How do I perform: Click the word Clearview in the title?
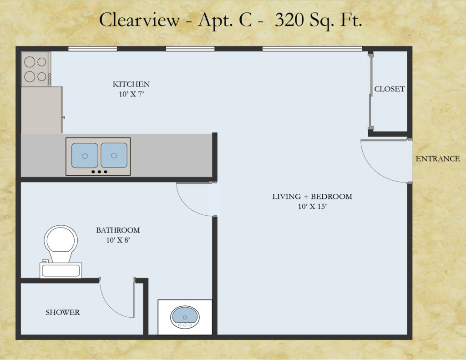[139, 20]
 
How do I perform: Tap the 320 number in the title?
[289, 20]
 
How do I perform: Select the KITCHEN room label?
[131, 84]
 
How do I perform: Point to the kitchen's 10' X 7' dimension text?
[132, 94]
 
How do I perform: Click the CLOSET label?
[390, 89]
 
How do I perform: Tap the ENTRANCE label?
[438, 159]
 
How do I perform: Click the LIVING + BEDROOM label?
[312, 197]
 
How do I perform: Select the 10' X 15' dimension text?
[312, 207]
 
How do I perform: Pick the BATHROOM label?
[118, 230]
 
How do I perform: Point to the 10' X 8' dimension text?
[118, 240]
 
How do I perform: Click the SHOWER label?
[63, 312]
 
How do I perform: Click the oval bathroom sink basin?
[185, 315]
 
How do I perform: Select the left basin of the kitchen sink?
[85, 156]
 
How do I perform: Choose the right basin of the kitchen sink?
[114, 155]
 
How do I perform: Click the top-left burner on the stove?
[30, 62]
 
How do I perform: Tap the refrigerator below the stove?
[42, 110]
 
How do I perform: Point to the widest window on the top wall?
[312, 49]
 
